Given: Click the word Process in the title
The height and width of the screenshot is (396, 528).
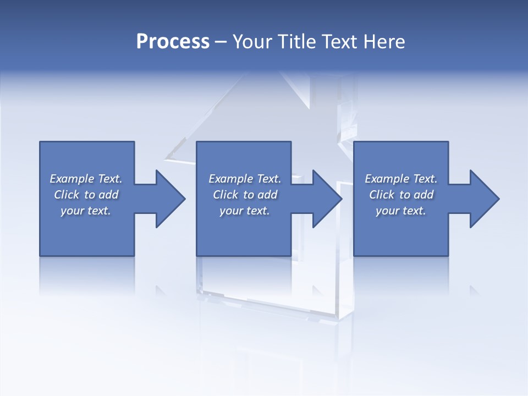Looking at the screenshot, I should (173, 42).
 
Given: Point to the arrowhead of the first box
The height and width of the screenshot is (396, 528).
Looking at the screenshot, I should (170, 199).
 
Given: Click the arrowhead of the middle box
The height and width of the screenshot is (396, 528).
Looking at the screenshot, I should (327, 199).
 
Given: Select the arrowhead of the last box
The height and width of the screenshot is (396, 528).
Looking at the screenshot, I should (484, 199).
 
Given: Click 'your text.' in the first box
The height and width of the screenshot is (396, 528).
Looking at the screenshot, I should (86, 211).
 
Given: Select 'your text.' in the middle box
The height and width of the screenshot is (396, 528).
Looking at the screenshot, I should (244, 211).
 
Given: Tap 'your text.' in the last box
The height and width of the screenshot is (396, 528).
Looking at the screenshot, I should (401, 211).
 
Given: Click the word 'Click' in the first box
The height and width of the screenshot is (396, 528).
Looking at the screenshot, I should (66, 195).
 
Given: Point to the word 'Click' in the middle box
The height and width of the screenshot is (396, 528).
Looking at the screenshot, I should (225, 195).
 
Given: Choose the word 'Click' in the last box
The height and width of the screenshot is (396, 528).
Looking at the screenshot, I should (381, 195).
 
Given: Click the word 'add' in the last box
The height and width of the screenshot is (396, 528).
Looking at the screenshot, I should (424, 195).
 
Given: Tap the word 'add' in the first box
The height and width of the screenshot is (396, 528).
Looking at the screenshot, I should (109, 195).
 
